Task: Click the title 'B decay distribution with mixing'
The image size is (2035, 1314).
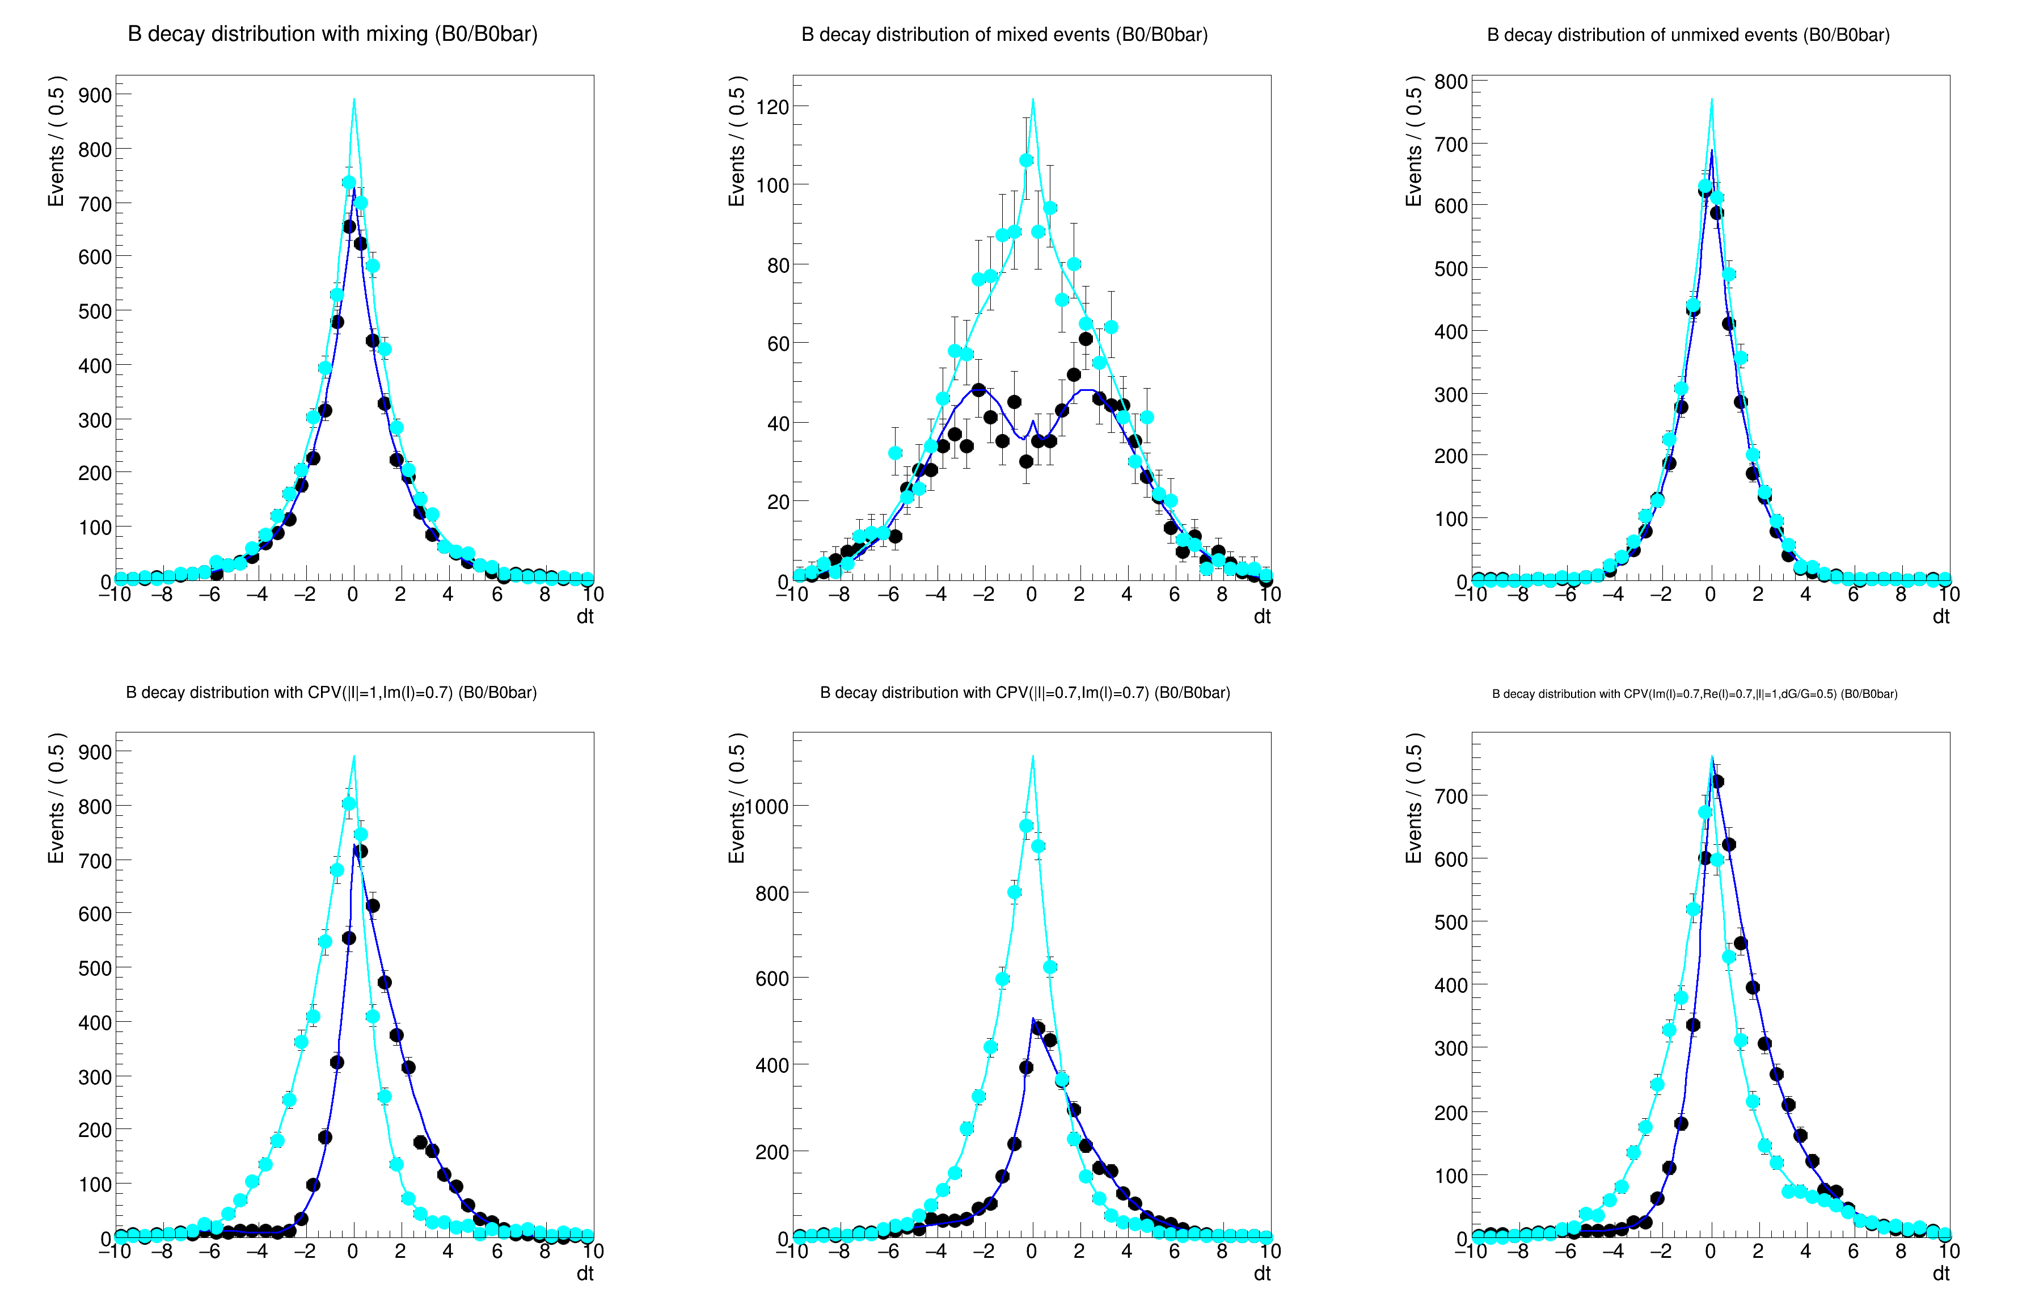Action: click(x=332, y=34)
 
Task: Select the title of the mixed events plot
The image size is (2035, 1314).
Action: click(x=1004, y=35)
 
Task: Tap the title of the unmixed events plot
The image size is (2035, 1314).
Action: click(x=1688, y=35)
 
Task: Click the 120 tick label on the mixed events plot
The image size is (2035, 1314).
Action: click(x=772, y=107)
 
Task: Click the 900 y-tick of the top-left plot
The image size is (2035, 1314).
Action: click(x=95, y=95)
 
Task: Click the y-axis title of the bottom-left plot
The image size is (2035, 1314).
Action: click(x=56, y=798)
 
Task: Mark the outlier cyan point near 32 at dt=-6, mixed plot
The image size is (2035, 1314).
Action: click(x=894, y=453)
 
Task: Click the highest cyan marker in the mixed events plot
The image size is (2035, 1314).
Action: click(x=1026, y=161)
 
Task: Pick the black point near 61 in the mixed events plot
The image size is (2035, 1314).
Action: click(x=1086, y=339)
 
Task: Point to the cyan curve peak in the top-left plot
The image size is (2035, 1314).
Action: click(x=354, y=100)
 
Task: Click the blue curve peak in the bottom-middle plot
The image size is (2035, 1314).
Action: click(x=1033, y=1019)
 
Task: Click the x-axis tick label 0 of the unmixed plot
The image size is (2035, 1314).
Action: click(x=1710, y=595)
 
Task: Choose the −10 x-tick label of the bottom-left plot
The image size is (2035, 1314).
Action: click(x=115, y=1252)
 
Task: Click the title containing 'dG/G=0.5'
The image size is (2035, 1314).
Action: click(x=1694, y=694)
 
